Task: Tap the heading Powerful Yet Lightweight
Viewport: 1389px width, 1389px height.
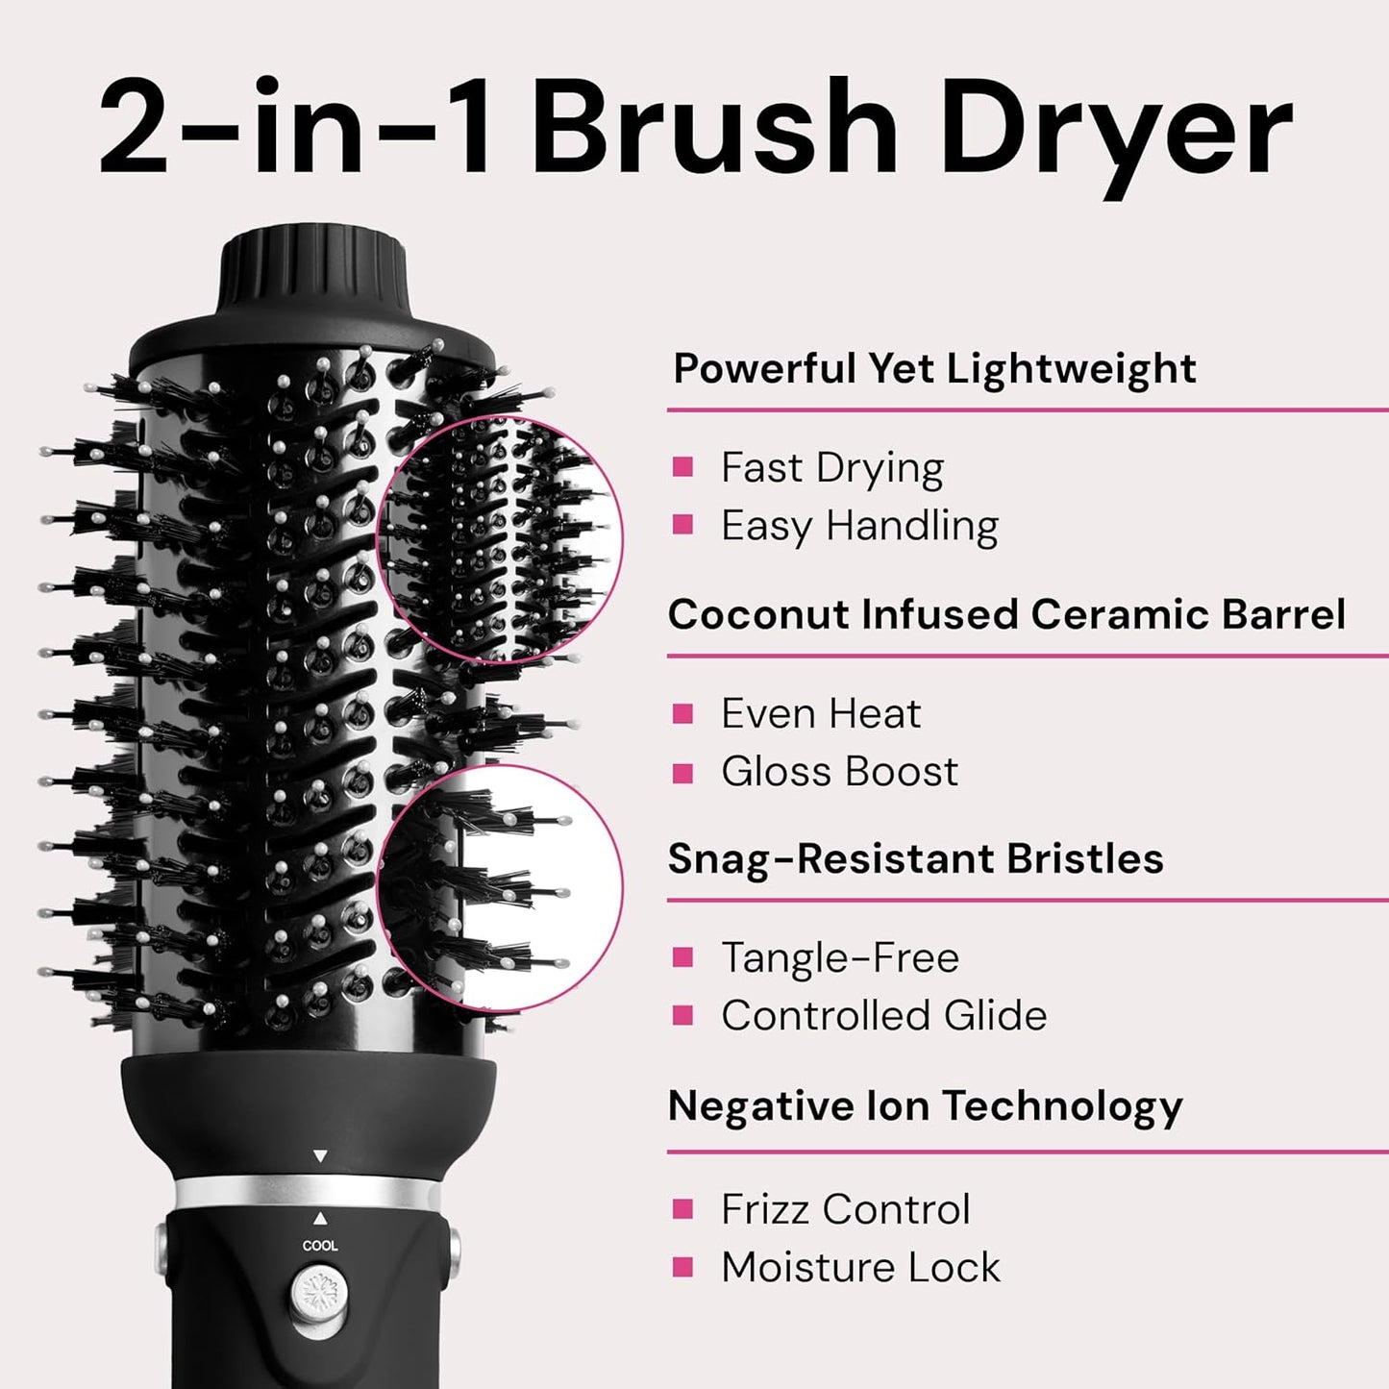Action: (934, 368)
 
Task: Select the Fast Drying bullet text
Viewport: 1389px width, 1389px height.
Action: (832, 468)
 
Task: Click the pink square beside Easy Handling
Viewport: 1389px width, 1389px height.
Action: (683, 525)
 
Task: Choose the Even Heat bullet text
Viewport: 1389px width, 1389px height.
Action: (821, 714)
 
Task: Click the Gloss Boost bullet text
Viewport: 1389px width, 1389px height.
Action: (839, 772)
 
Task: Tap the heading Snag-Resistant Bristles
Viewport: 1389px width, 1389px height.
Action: (915, 858)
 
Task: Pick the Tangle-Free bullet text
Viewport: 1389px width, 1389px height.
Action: (840, 957)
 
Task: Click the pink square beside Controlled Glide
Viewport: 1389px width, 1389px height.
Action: (683, 1015)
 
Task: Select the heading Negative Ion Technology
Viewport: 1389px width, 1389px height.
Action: (925, 1105)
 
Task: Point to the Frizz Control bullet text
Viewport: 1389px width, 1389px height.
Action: (846, 1209)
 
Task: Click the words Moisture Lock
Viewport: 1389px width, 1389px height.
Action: (860, 1267)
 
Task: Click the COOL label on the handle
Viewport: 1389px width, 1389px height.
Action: (320, 1246)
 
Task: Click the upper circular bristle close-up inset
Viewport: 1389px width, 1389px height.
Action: (499, 540)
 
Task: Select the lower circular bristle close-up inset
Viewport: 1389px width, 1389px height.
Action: (499, 886)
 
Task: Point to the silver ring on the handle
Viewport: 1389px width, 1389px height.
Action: (308, 1193)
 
